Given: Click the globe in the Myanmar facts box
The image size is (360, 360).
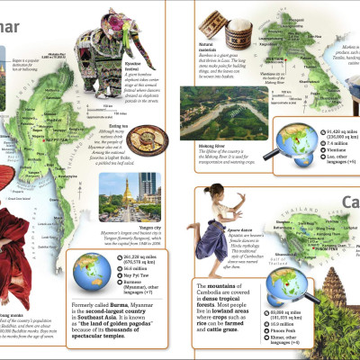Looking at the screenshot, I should pyautogui.click(x=89, y=242).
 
